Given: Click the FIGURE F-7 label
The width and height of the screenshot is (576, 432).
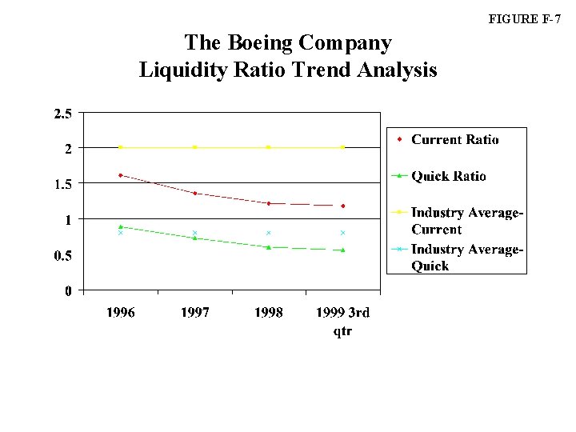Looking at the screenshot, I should coord(529,19).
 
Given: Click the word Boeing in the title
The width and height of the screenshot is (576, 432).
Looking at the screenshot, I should coord(266,42).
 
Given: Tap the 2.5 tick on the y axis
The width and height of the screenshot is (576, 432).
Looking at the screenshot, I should coord(62,114).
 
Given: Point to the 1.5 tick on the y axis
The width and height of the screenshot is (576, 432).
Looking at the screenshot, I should coord(62,184).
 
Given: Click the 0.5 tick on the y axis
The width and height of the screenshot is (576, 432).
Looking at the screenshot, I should coord(62,256).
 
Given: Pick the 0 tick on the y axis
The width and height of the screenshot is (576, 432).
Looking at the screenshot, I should coord(69,291).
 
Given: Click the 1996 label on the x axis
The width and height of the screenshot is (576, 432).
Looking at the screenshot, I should coord(121,313).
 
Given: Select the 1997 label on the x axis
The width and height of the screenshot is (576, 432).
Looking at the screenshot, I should coord(194,313).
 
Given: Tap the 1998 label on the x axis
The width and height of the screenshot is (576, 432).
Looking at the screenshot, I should coord(269,313).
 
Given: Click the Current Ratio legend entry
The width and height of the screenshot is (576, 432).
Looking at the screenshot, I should coord(454,140).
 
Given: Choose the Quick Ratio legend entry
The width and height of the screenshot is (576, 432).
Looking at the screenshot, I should coord(448,177).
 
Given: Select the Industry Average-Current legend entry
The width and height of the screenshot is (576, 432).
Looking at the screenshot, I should coord(466,221).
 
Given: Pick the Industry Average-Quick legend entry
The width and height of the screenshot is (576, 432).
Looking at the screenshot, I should coord(466,258).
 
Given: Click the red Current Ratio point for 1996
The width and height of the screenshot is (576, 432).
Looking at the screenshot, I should coord(120,175).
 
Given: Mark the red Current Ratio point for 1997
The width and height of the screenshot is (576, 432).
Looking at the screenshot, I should coord(194,193).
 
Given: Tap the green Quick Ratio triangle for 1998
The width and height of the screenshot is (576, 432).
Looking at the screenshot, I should coord(269,247).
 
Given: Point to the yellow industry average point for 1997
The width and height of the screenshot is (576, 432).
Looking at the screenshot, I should coord(194,147).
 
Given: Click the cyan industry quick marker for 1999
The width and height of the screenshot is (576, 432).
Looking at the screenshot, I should coord(342,233).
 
